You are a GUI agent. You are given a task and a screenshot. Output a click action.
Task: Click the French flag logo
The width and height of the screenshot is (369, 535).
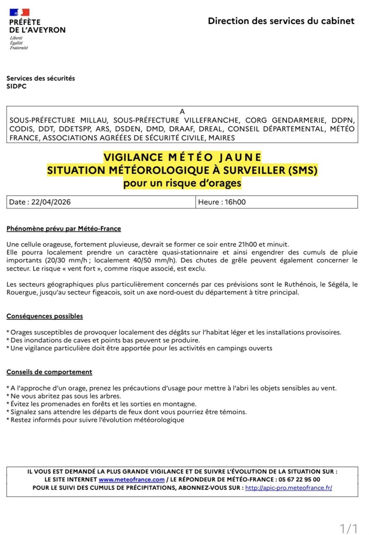point(19,12)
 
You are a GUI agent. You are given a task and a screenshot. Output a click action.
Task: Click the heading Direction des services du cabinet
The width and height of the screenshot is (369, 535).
point(281,21)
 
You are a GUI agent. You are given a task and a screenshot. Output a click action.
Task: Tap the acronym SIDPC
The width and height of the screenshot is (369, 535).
point(16,86)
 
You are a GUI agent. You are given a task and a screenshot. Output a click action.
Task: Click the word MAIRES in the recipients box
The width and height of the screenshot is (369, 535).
point(221,138)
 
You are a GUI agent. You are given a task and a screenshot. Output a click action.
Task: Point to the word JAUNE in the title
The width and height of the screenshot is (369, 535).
point(240,157)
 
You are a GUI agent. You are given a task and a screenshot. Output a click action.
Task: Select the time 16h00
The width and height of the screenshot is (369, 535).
point(235,202)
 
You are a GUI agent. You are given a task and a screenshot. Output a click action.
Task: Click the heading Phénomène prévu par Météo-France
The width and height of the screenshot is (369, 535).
point(64,229)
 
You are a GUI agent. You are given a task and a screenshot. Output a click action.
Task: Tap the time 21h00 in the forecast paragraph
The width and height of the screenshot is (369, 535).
point(247,244)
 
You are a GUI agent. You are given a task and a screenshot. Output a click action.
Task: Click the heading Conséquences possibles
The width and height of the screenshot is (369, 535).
point(45,316)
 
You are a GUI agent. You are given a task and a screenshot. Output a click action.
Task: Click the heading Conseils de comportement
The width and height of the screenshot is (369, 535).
point(49,372)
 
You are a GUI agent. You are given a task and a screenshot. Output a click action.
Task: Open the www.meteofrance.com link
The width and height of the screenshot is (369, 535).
point(132,480)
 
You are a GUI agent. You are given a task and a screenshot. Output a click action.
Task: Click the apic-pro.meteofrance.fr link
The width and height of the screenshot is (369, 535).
point(289,488)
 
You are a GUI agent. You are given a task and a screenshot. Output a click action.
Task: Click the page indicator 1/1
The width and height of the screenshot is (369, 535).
point(349,528)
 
